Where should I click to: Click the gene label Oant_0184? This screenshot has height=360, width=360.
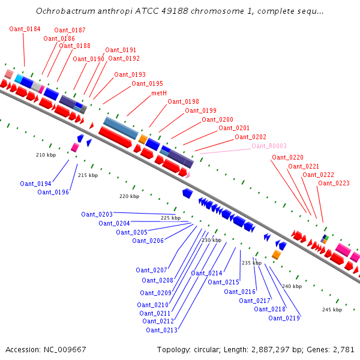(25, 29)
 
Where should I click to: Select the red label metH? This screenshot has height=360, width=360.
(159, 94)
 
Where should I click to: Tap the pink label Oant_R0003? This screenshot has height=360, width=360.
(269, 146)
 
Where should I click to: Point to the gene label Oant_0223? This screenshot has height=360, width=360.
(334, 183)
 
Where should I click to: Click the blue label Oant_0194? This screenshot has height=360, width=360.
(35, 184)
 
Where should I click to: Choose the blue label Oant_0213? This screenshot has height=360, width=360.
(161, 330)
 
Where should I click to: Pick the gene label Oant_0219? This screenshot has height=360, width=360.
(284, 318)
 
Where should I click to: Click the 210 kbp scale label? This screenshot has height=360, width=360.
(46, 155)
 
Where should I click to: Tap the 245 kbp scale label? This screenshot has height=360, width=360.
(332, 310)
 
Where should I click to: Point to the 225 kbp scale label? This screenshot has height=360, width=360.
(170, 218)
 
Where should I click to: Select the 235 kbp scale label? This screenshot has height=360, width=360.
(251, 263)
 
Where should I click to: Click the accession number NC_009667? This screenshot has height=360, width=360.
(65, 349)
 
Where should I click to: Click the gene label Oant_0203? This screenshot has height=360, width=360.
(97, 214)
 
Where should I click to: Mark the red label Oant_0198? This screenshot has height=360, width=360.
(183, 102)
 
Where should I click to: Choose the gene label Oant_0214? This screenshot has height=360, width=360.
(206, 273)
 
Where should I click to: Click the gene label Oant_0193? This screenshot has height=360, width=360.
(130, 74)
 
